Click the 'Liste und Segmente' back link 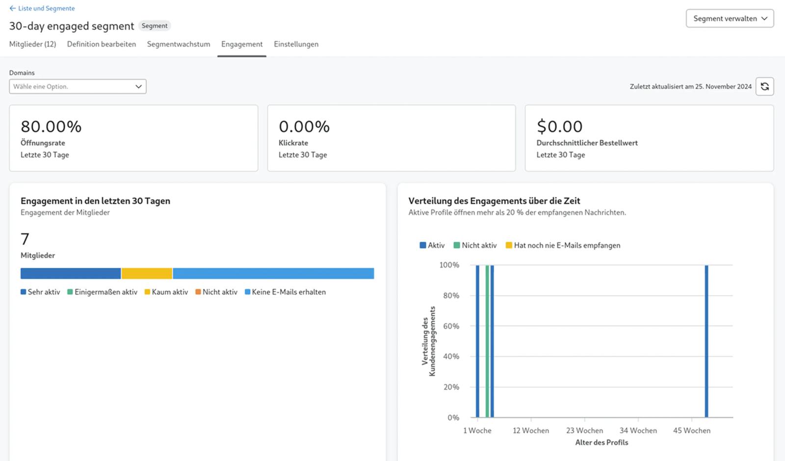coord(42,8)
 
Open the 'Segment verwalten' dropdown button coord(730,19)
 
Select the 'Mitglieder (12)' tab coord(32,44)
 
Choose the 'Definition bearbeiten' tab coord(101,44)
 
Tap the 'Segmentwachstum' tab coord(179,44)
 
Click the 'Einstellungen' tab coord(296,44)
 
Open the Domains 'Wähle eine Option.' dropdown coord(78,86)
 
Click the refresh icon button coord(765,86)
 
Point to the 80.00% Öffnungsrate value coord(51,127)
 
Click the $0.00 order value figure coord(560,127)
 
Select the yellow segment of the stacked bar coord(147,274)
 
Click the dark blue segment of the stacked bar coord(71,274)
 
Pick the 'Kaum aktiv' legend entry coord(166,292)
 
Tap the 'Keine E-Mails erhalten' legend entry coord(285,292)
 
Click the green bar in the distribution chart coord(487,341)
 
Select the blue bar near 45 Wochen coord(706,341)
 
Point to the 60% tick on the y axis coord(451,326)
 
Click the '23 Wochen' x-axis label coord(584,431)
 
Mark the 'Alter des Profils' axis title coord(602,442)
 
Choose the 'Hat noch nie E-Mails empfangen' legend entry coord(563,245)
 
